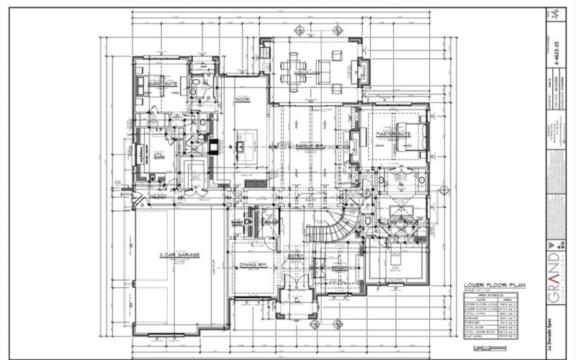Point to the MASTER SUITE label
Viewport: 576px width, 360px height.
393,135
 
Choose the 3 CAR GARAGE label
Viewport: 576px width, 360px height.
179,256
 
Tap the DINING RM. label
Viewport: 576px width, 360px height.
253,266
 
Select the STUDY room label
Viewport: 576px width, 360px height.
340,267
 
